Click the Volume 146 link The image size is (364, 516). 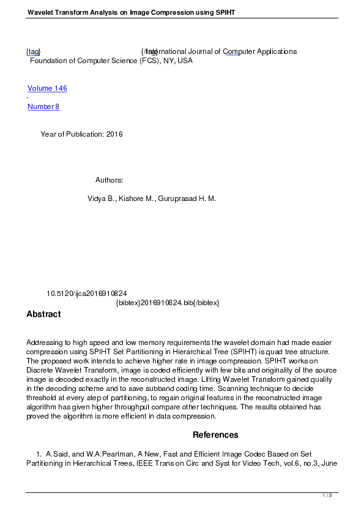click(x=47, y=88)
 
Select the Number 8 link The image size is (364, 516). click(x=43, y=107)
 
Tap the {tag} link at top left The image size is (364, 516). click(x=33, y=52)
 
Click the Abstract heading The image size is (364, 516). click(x=43, y=314)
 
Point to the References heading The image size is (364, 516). click(x=215, y=435)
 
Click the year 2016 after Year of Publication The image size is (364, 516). click(x=114, y=134)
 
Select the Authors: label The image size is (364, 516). click(x=110, y=180)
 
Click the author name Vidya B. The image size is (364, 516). click(x=101, y=199)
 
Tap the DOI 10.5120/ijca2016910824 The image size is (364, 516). click(x=87, y=294)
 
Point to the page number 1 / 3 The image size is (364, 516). click(x=327, y=495)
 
